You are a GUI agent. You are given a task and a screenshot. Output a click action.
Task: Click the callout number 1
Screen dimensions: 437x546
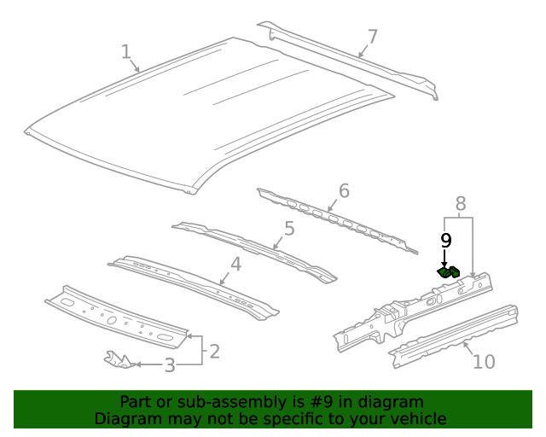[x=125, y=52]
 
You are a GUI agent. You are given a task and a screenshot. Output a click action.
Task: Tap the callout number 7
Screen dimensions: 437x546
[x=372, y=36]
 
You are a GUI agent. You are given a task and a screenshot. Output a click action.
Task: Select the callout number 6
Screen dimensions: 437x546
[x=344, y=190]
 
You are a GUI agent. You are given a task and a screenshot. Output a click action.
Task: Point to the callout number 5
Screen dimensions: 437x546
[x=289, y=228]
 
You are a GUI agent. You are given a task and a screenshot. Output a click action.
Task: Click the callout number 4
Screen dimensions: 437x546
[x=235, y=264]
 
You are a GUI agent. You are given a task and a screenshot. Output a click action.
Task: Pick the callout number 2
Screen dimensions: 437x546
[x=214, y=350]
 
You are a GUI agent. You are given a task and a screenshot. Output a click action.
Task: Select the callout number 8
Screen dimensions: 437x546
[x=460, y=203]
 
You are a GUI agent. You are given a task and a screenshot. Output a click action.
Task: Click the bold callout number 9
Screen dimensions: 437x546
[x=444, y=241]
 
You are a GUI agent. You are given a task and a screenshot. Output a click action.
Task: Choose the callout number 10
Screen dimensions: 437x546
[x=483, y=362]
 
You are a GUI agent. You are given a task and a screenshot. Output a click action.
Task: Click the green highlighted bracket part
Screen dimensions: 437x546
[x=449, y=272]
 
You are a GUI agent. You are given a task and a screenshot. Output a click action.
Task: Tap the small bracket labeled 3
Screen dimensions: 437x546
[x=119, y=359]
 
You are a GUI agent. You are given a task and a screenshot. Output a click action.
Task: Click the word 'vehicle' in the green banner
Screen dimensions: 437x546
[x=418, y=418]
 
